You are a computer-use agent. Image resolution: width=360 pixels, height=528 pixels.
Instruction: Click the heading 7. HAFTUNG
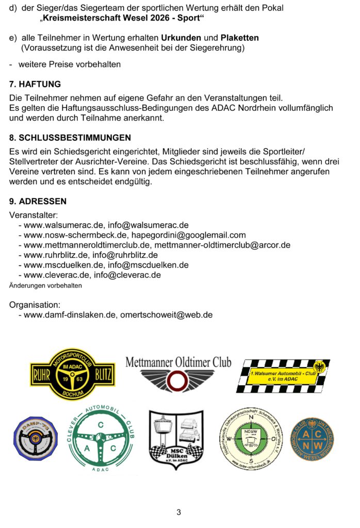(35, 84)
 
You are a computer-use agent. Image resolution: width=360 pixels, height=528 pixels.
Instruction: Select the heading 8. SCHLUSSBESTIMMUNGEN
(70, 138)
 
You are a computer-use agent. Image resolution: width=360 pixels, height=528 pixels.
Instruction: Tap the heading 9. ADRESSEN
(38, 202)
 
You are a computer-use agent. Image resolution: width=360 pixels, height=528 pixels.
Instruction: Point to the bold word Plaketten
(240, 38)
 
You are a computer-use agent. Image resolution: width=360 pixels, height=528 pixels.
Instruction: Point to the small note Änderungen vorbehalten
(45, 285)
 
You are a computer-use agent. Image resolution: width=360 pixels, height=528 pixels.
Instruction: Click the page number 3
(179, 512)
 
